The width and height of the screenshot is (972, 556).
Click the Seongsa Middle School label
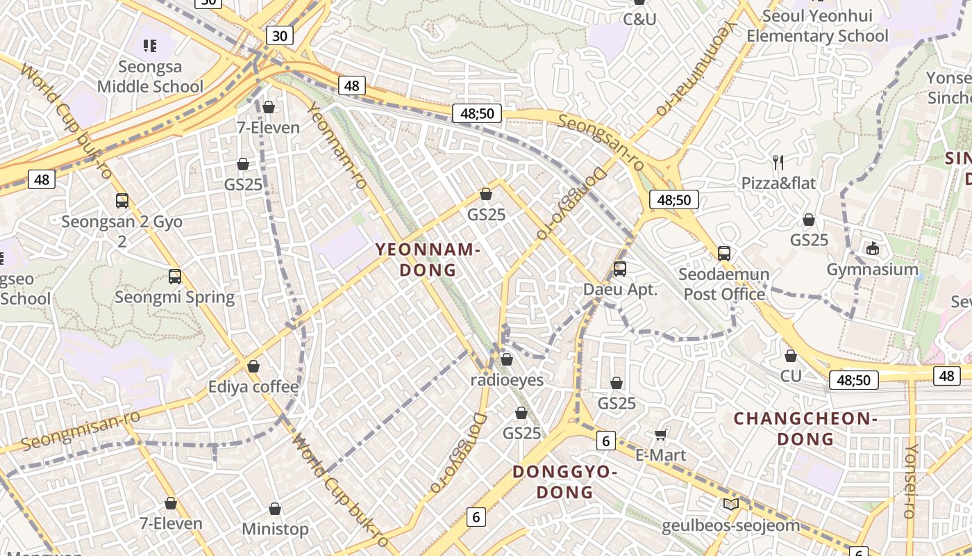pyautogui.click(x=150, y=76)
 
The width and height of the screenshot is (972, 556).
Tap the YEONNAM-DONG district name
pyautogui.click(x=428, y=259)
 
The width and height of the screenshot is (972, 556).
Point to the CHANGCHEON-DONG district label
pyautogui.click(x=805, y=428)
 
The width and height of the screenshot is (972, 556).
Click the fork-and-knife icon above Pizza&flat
pyautogui.click(x=778, y=163)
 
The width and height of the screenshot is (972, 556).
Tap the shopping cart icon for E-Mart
pyautogui.click(x=661, y=434)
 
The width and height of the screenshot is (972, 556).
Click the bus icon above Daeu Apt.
pyautogui.click(x=620, y=268)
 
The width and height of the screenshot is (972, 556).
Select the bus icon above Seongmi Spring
pyautogui.click(x=175, y=277)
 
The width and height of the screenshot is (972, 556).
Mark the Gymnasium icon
pyautogui.click(x=873, y=248)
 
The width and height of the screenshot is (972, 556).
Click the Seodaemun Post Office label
pyautogui.click(x=724, y=284)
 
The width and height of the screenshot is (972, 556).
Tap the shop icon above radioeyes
pyautogui.click(x=507, y=359)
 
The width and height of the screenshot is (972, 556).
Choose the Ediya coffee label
pyautogui.click(x=253, y=386)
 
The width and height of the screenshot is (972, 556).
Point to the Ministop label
pyautogui.click(x=275, y=529)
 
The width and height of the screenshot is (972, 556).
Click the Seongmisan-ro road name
pyautogui.click(x=81, y=430)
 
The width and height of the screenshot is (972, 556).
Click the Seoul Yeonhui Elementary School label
pyautogui.click(x=817, y=26)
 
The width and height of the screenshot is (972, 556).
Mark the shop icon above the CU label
pyautogui.click(x=790, y=356)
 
